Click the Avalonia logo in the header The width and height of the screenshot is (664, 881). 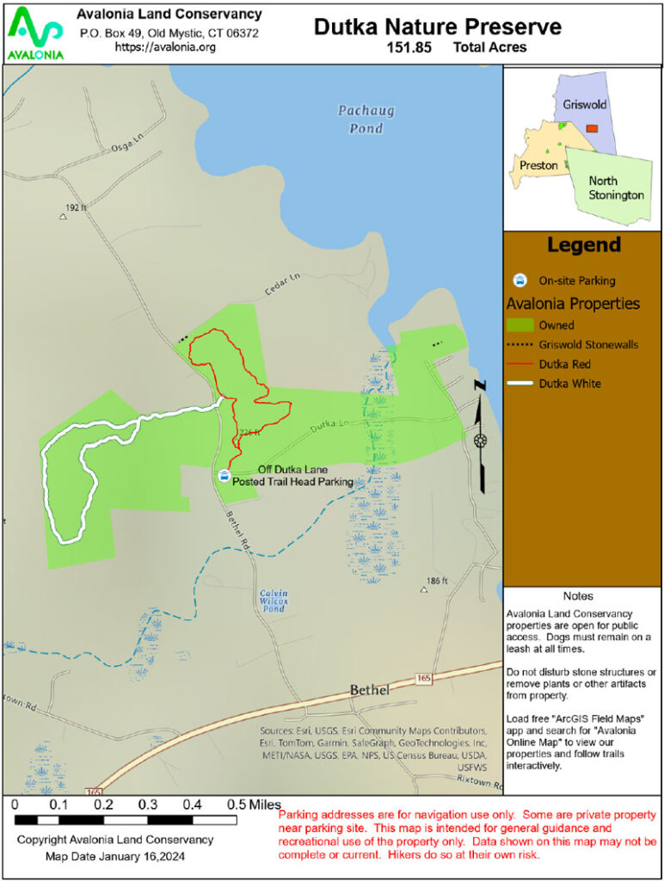(34, 33)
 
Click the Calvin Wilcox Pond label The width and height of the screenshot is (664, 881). (274, 600)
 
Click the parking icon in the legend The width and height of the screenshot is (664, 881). (520, 280)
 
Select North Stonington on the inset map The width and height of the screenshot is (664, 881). (616, 188)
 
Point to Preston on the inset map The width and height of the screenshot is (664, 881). (538, 164)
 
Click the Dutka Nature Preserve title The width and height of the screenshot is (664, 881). (437, 27)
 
